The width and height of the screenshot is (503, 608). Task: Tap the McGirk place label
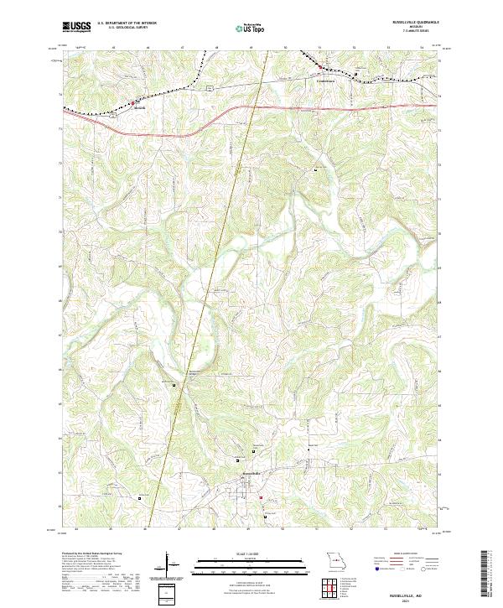click(x=140, y=109)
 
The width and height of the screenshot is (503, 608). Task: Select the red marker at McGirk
click(x=131, y=103)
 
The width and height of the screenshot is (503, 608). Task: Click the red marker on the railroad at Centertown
click(x=319, y=65)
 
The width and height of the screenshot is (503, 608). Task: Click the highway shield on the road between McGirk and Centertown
click(x=215, y=86)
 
